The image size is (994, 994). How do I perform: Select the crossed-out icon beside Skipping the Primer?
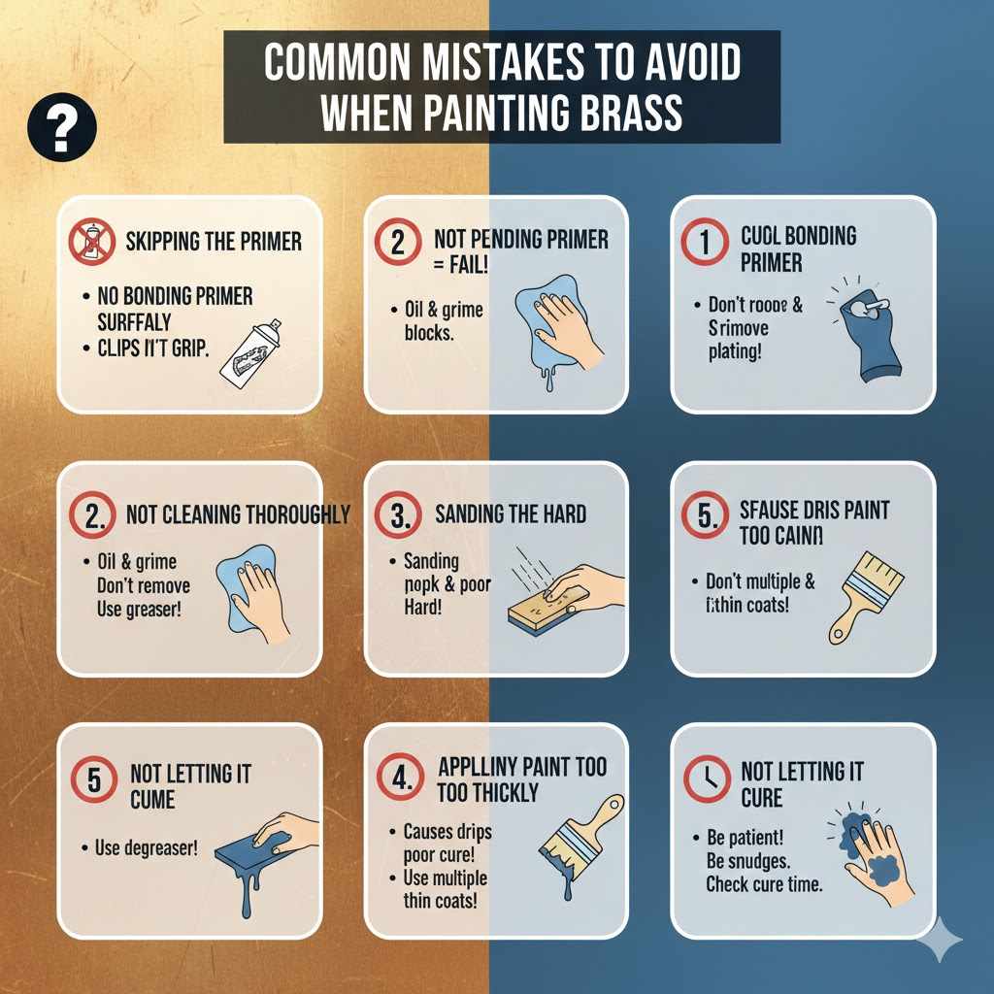click(92, 242)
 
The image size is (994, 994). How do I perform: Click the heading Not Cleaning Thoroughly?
click(238, 514)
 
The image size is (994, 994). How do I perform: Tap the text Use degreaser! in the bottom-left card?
click(146, 847)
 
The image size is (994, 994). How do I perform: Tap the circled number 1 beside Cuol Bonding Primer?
click(706, 243)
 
